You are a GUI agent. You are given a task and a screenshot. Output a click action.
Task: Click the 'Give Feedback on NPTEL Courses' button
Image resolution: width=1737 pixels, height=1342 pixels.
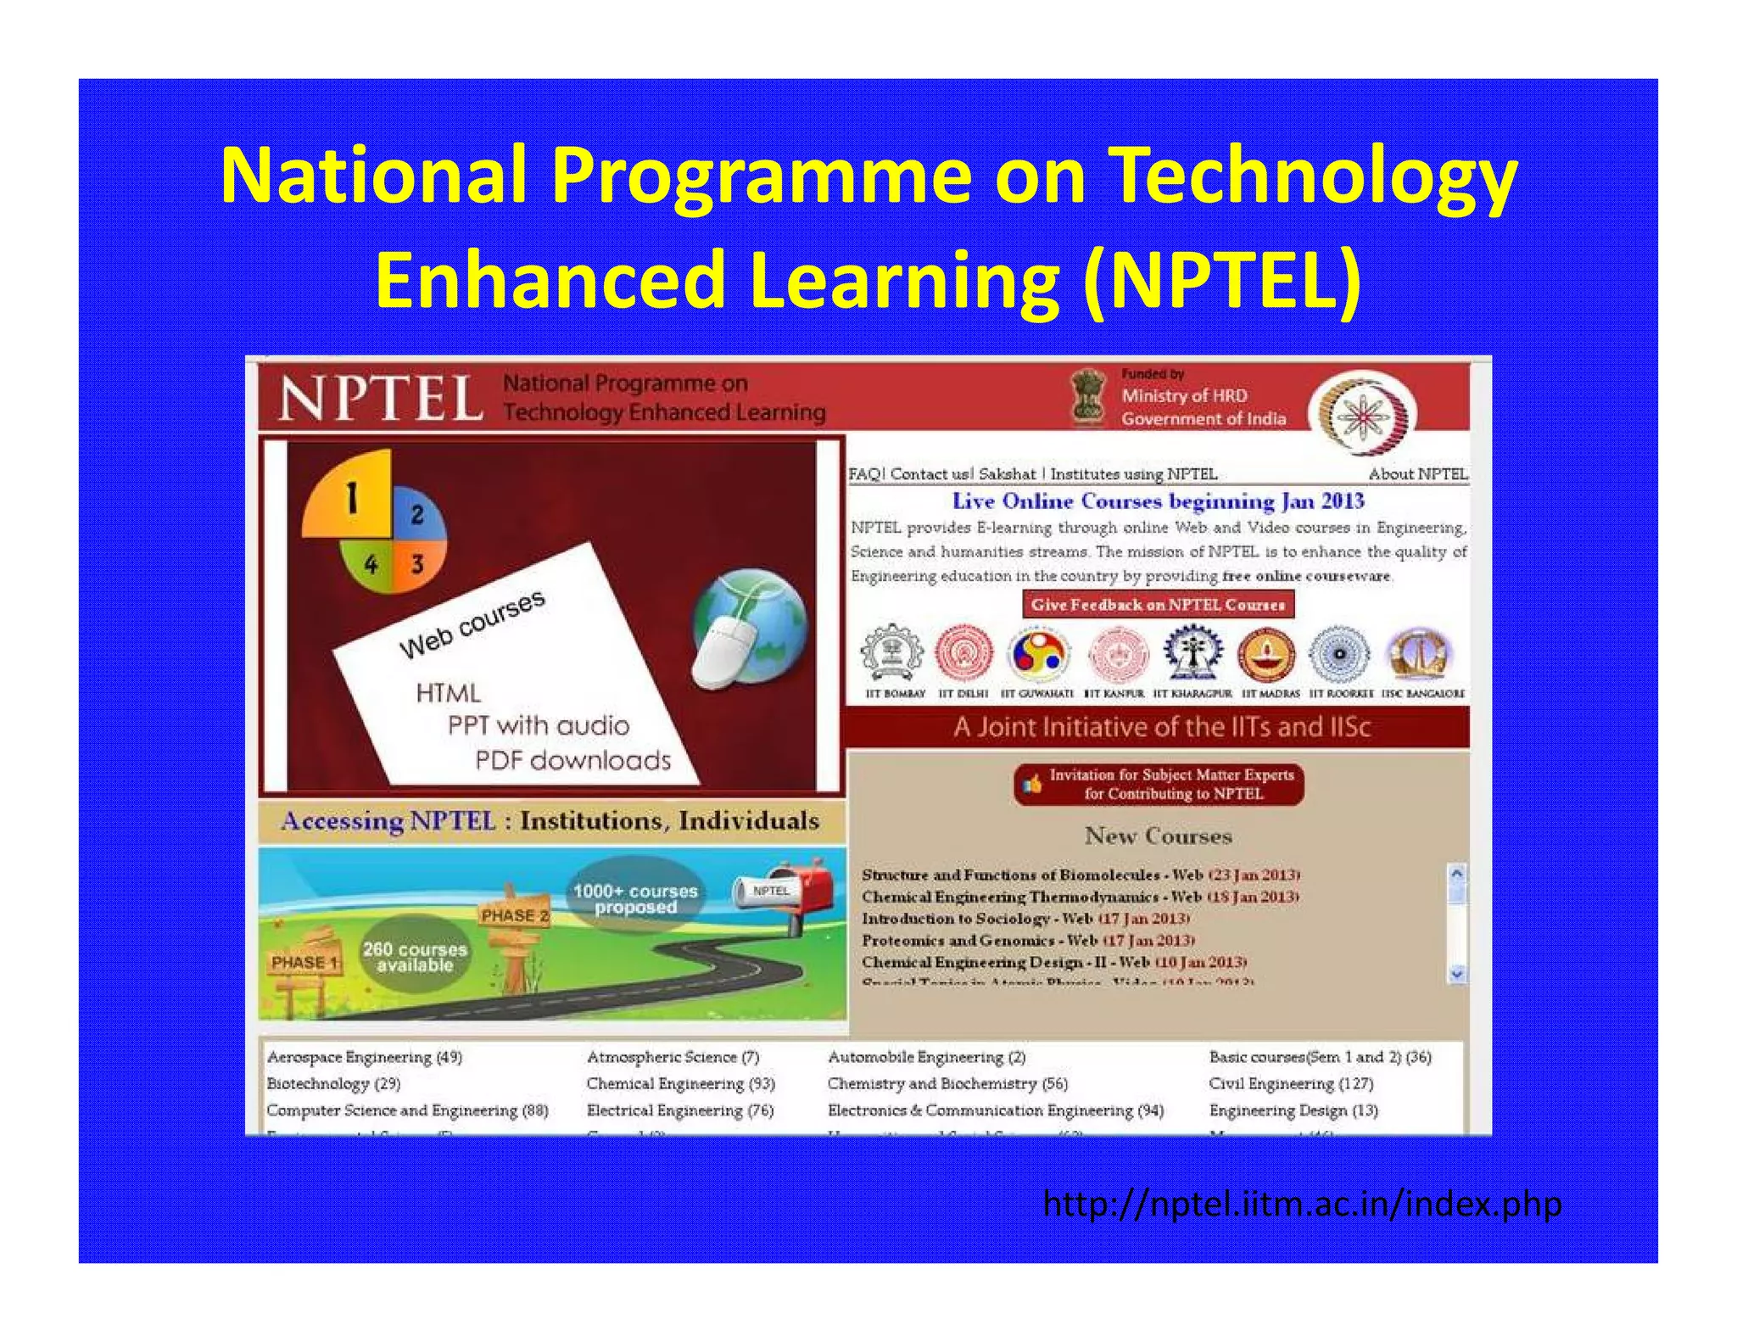point(1158,605)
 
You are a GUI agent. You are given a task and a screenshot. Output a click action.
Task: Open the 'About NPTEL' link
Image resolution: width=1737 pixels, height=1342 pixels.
point(1417,474)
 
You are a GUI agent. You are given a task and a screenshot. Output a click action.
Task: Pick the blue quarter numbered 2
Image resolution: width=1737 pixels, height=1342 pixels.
point(417,512)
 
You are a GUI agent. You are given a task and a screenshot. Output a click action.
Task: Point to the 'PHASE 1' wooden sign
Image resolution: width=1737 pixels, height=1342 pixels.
point(304,962)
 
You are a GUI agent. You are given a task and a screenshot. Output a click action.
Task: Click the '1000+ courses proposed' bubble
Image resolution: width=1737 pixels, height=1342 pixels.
point(635,898)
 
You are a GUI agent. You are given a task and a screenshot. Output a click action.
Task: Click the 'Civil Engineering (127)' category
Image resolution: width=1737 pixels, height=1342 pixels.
point(1291,1083)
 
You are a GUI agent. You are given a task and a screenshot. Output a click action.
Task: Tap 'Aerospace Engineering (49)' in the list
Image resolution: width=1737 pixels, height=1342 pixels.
point(365,1057)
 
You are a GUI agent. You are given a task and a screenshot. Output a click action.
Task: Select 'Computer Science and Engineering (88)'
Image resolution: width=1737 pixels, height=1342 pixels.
point(407,1110)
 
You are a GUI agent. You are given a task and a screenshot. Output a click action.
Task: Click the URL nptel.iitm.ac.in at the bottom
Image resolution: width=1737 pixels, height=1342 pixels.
point(1302,1204)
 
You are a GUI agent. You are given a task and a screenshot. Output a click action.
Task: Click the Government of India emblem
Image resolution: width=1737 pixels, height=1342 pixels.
point(1088,396)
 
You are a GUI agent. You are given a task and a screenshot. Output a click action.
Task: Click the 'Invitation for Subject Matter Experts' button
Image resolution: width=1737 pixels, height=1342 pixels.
point(1159,785)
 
